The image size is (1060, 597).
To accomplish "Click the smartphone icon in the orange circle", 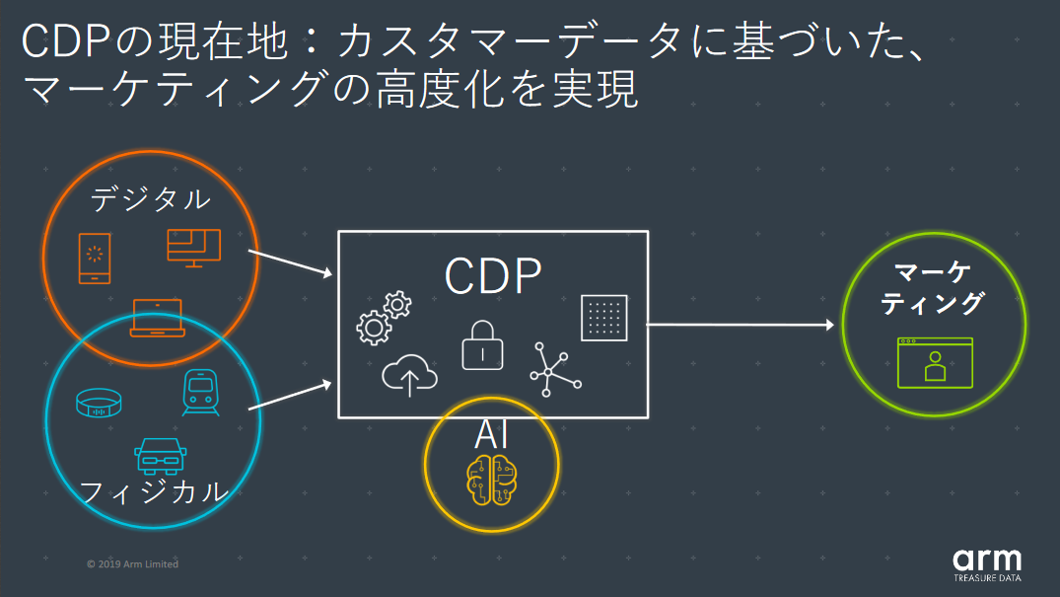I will [x=95, y=260].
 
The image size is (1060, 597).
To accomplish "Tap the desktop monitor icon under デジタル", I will [x=193, y=247].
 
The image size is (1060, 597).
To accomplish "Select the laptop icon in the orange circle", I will [x=157, y=318].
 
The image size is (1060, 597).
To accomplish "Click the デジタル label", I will [x=150, y=198].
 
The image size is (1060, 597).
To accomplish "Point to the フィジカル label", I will [x=154, y=490].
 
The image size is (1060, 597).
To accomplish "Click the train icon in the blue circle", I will [x=200, y=393].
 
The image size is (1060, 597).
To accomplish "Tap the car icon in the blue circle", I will [x=159, y=456].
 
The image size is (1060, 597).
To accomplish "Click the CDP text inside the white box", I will [x=492, y=276].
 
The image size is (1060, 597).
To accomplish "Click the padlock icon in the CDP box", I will [x=482, y=343].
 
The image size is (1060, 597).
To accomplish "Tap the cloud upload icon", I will [x=409, y=376].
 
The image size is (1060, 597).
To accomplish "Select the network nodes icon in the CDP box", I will [x=555, y=369].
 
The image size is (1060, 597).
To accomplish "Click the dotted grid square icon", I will [x=603, y=318].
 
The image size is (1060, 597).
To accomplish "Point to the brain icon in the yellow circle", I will [x=491, y=479].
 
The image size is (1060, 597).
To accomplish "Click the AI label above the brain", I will [x=491, y=433].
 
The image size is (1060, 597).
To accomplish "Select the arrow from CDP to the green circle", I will [x=740, y=324].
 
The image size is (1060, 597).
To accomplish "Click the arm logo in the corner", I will [x=987, y=560].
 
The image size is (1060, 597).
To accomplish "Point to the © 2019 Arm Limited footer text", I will [x=132, y=564].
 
